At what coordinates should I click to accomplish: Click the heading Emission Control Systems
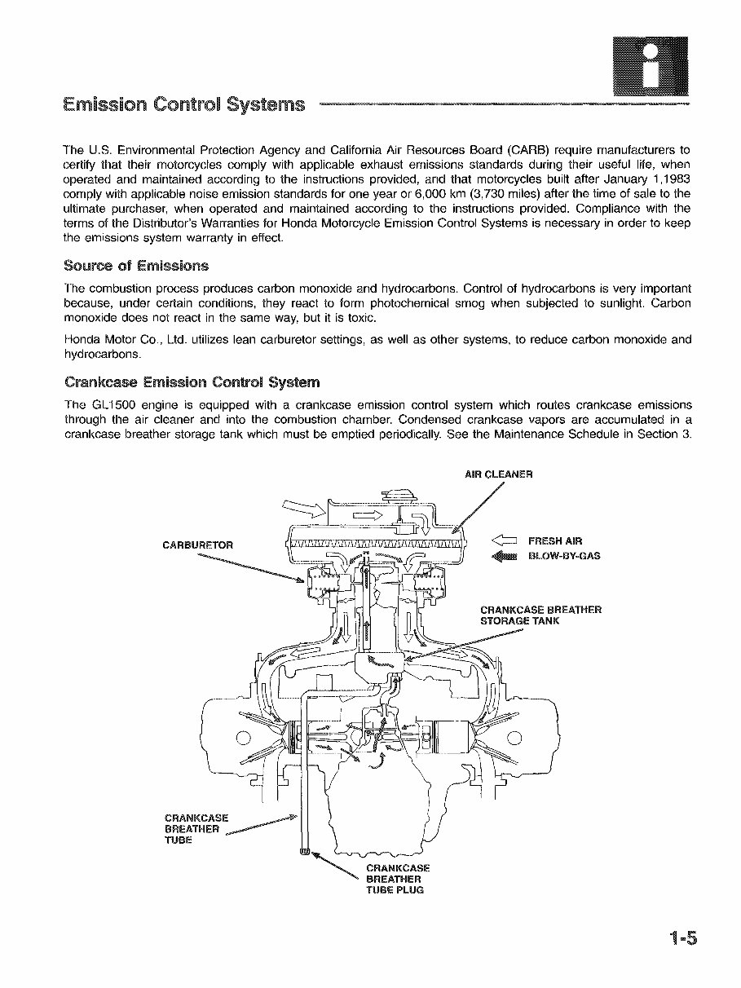point(184,104)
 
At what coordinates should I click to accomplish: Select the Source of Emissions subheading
point(136,266)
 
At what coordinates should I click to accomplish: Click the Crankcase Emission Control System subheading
point(192,382)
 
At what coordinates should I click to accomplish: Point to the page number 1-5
point(680,939)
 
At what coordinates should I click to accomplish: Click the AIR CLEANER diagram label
point(498,474)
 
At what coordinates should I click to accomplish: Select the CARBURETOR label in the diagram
point(198,545)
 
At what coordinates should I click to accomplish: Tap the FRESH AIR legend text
point(555,540)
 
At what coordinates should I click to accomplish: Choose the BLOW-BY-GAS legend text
point(564,556)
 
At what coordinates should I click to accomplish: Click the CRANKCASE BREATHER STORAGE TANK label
point(540,615)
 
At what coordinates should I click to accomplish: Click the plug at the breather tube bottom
point(305,853)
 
